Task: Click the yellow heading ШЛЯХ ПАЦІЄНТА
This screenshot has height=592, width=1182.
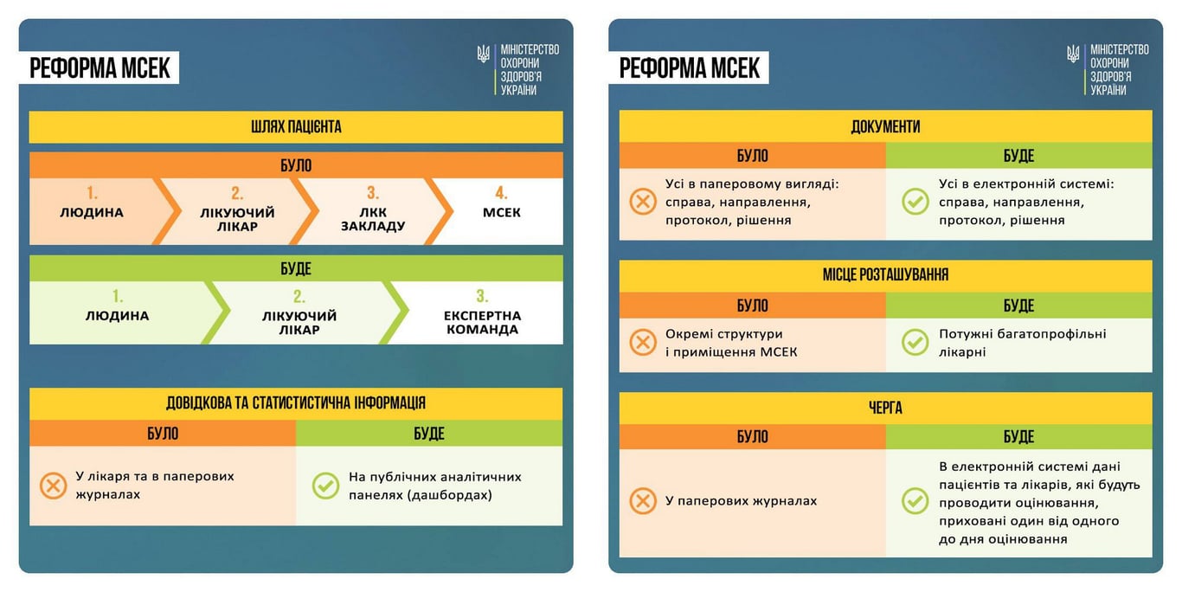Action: pyautogui.click(x=296, y=127)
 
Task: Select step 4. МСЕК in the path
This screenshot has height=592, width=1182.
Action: pyautogui.click(x=501, y=211)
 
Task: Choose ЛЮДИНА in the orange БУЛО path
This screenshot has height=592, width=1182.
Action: pyautogui.click(x=92, y=212)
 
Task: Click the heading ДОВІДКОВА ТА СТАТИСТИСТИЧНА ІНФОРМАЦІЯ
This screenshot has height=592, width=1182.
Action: pyautogui.click(x=296, y=403)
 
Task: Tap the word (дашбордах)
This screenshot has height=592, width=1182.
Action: pyautogui.click(x=451, y=495)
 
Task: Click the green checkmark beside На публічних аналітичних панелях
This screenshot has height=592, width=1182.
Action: pyautogui.click(x=325, y=486)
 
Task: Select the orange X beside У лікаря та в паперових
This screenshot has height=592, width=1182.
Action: pyautogui.click(x=54, y=486)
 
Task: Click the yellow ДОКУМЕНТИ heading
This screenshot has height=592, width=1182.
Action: pyautogui.click(x=885, y=126)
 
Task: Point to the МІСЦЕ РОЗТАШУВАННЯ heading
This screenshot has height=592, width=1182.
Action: pyautogui.click(x=885, y=275)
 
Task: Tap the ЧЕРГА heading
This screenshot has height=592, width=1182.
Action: pyautogui.click(x=885, y=408)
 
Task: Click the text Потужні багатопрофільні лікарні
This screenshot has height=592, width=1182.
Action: pyautogui.click(x=1022, y=343)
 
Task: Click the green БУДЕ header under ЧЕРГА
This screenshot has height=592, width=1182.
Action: pyautogui.click(x=1018, y=437)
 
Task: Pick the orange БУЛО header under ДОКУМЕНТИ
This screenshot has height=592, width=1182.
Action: pyautogui.click(x=752, y=156)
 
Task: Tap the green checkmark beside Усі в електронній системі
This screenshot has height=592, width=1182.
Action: pyautogui.click(x=915, y=202)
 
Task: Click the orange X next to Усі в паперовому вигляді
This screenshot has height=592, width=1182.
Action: pyautogui.click(x=642, y=202)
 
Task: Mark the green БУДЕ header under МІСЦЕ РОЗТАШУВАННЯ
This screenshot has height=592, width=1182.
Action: pyautogui.click(x=1018, y=306)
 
